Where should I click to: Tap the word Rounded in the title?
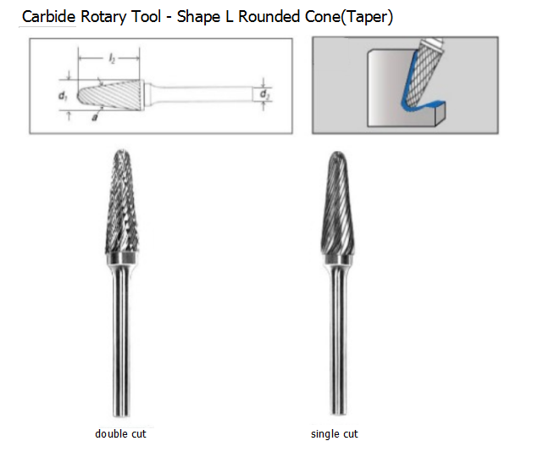(x=269, y=16)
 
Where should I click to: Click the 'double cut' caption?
(x=120, y=434)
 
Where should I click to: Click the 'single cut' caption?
(x=335, y=434)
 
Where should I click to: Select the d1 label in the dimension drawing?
(x=63, y=97)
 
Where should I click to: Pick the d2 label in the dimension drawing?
(x=264, y=92)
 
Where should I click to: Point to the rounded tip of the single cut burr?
(x=334, y=156)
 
